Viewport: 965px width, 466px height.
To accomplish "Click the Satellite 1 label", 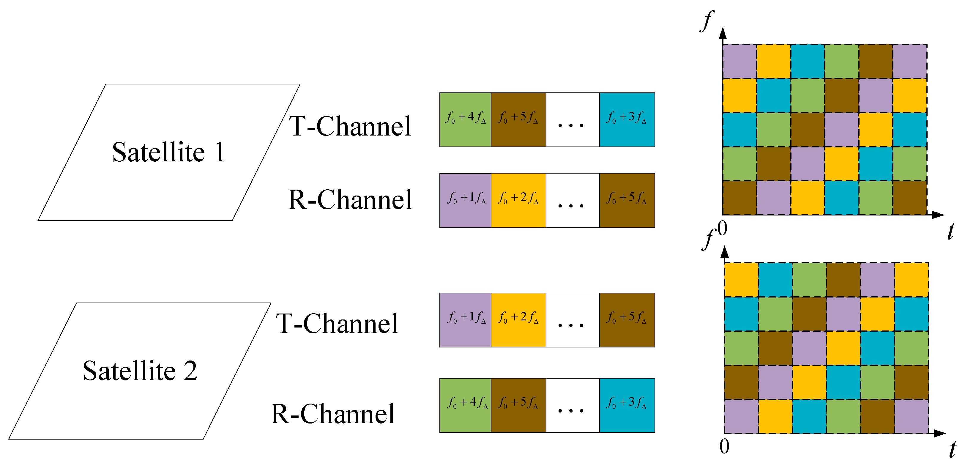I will click(x=168, y=152).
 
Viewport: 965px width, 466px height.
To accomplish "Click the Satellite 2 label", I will click(x=140, y=371).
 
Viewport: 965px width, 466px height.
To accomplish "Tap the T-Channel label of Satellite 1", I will click(x=350, y=126).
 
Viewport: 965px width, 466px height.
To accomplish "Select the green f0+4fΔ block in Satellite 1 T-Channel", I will click(x=465, y=119).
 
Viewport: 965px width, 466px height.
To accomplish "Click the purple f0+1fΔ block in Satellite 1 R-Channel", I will click(x=465, y=200).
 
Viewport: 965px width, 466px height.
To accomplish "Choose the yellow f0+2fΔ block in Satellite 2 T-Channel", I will click(x=518, y=320).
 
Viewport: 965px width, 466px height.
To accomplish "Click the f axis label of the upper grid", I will click(x=707, y=21).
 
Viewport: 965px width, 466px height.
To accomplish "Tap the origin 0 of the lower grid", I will click(x=724, y=446).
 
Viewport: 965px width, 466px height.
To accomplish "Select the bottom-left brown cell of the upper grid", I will click(x=739, y=198).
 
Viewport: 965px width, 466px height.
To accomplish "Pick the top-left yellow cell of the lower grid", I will click(x=741, y=280).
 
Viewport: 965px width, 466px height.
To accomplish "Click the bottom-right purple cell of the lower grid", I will click(x=912, y=416).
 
